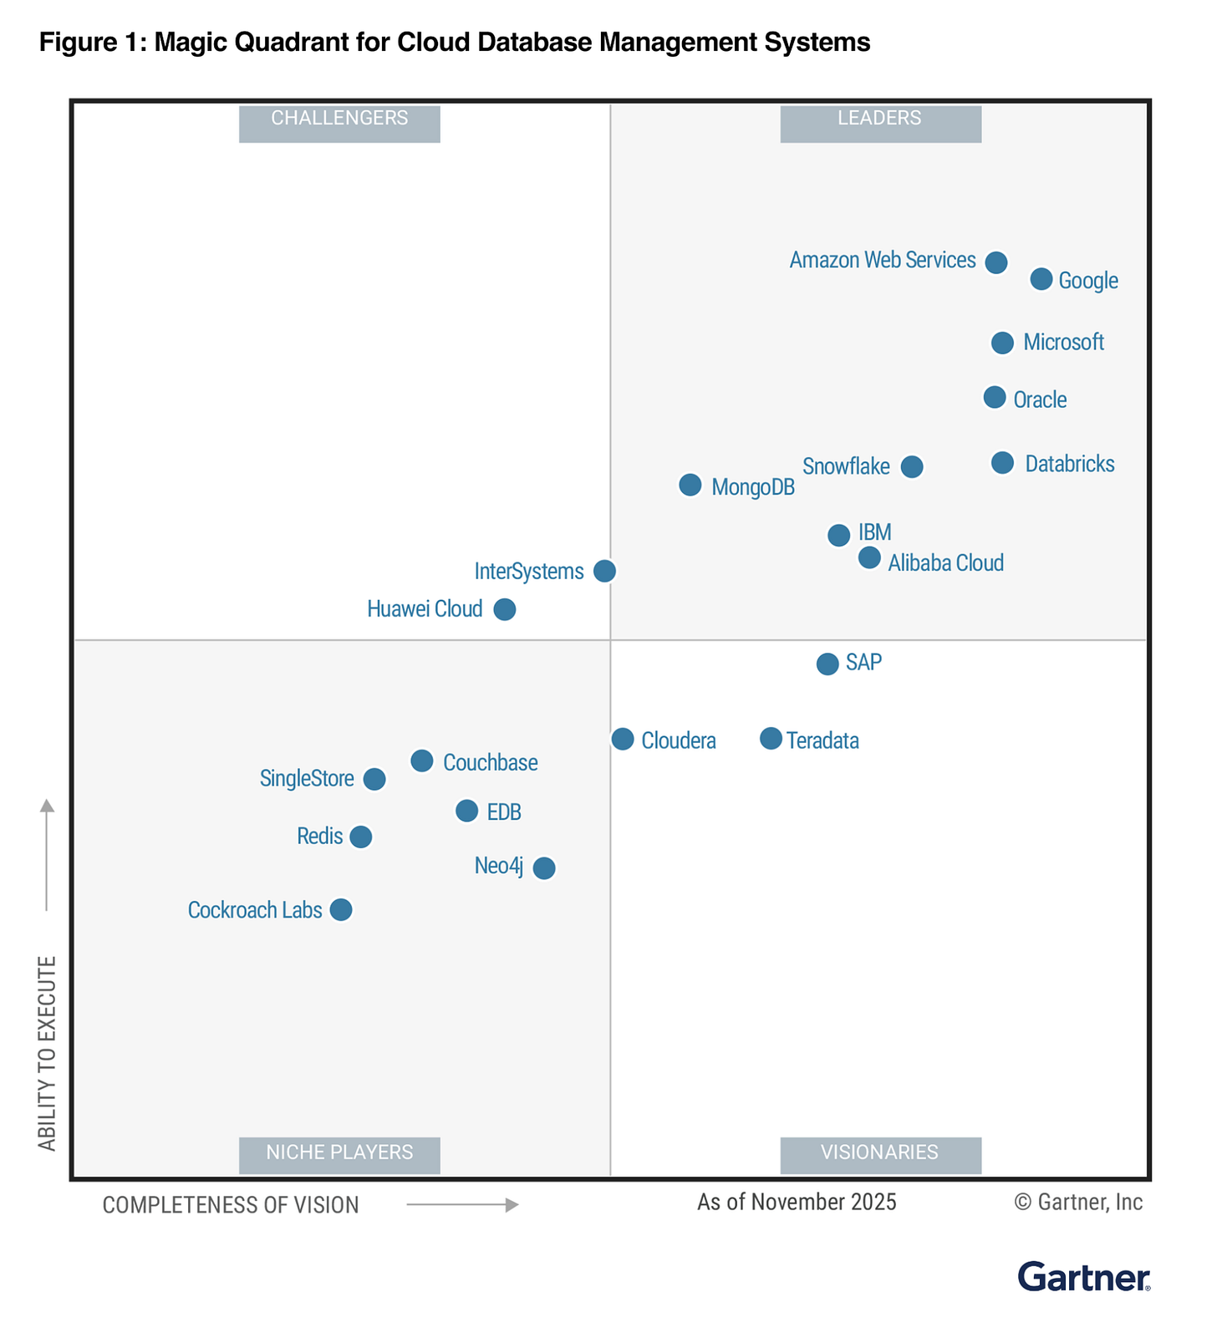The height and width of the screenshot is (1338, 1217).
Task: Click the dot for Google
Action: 1041,279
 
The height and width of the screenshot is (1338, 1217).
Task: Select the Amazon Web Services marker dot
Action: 995,262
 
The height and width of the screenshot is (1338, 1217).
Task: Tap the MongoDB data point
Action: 690,485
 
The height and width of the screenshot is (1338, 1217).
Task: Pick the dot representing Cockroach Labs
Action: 341,909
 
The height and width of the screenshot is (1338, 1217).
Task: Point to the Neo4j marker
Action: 544,868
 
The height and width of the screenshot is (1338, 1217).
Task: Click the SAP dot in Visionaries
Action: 827,664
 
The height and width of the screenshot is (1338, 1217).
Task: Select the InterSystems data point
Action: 604,571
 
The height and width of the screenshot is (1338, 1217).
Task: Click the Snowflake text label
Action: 846,466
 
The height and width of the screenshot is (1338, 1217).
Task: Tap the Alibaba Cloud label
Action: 945,563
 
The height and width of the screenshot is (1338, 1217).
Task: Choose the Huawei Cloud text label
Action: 425,609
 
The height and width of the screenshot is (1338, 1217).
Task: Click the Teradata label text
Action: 822,741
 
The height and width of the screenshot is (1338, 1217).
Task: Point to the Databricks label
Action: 1069,464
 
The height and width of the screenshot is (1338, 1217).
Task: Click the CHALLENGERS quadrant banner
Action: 339,119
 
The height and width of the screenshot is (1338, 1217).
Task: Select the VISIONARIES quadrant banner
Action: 880,1153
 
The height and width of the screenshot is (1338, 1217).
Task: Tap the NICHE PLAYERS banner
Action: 339,1153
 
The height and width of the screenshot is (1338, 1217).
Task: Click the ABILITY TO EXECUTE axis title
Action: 48,1053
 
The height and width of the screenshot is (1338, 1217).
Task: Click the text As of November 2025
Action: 797,1203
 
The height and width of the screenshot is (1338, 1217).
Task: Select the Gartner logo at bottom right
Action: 1083,1276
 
